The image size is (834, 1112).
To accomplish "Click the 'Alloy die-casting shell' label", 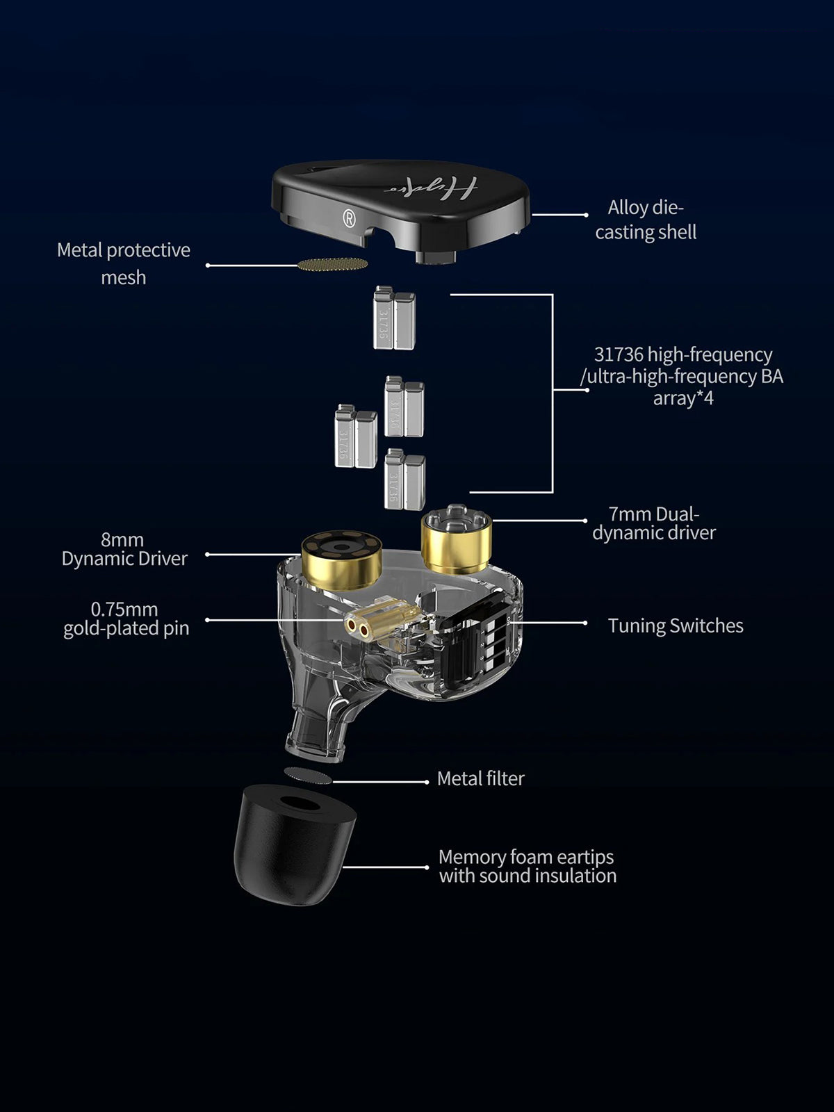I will point(646,220).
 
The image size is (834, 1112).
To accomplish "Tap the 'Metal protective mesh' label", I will point(124,263).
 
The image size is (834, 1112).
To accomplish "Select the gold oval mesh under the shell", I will point(332,264).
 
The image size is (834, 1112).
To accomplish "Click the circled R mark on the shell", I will point(350,218).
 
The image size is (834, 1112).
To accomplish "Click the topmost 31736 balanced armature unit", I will point(394,318).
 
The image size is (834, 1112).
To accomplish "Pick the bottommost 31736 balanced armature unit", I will point(404,480).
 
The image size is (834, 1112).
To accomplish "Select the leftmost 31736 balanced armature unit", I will point(355,436).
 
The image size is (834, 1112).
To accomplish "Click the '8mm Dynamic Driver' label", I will point(124,549).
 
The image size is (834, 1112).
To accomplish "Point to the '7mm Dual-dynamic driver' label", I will point(654,523).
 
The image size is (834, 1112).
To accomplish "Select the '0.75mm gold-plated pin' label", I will point(126,619).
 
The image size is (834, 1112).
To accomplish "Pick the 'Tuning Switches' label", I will point(676,625).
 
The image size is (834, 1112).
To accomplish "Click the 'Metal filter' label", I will point(480,778).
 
